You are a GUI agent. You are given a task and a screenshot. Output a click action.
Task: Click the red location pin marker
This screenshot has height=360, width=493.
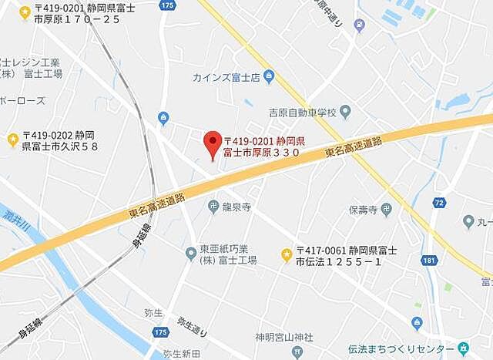click(212, 145)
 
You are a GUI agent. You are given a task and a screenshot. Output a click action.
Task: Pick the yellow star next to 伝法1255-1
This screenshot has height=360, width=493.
click(287, 254)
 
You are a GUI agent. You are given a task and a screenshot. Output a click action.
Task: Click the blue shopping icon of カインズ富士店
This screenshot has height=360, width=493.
click(268, 76)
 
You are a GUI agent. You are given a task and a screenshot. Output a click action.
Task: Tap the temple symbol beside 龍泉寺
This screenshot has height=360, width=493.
click(212, 206)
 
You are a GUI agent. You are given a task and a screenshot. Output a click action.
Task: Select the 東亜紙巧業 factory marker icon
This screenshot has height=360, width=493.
click(191, 253)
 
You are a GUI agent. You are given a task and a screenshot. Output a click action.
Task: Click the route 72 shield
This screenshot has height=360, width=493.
click(439, 202)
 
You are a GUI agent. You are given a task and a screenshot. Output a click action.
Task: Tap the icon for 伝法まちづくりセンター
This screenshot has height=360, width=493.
click(463, 348)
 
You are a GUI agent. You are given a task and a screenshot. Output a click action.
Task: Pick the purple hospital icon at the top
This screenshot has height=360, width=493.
click(360, 25)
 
